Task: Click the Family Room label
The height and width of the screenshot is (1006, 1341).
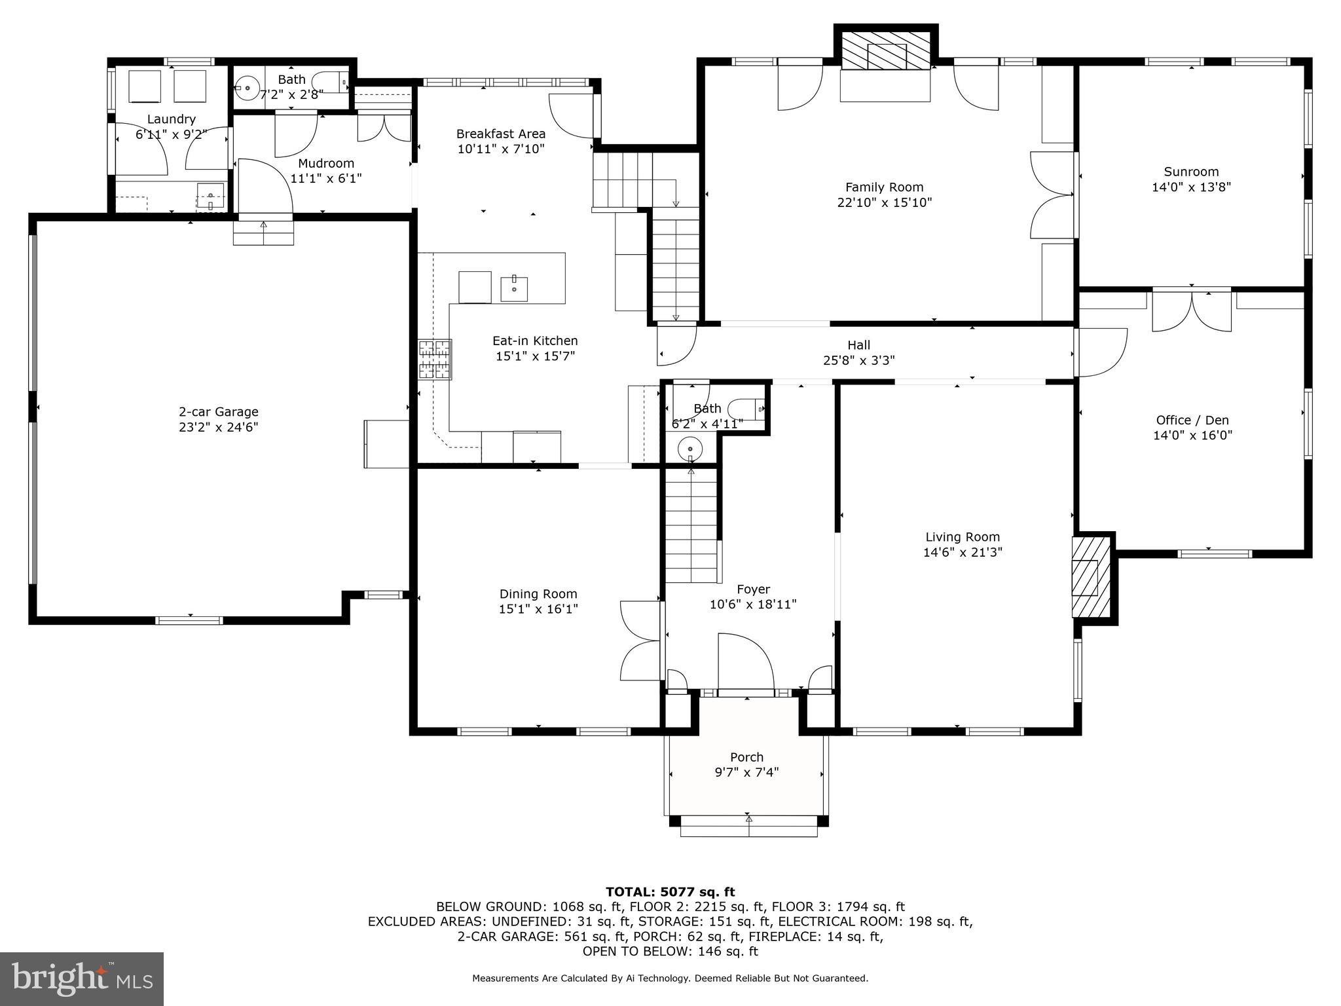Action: (x=884, y=187)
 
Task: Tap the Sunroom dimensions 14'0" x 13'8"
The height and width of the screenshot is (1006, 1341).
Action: (x=1191, y=187)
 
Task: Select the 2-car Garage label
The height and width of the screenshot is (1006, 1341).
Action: (x=219, y=412)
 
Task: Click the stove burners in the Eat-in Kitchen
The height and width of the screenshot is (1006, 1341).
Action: (x=435, y=359)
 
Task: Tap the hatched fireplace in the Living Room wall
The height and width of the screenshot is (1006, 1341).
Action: (x=1090, y=577)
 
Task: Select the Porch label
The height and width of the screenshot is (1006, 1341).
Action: (x=747, y=757)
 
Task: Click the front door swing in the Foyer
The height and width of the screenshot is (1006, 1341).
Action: (x=745, y=661)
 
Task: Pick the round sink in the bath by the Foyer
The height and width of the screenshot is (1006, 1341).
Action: (x=689, y=450)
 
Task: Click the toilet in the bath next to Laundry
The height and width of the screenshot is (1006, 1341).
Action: (x=329, y=81)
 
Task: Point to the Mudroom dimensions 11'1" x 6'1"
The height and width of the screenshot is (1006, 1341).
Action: (x=325, y=178)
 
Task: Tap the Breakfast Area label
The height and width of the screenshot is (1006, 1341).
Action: (x=501, y=134)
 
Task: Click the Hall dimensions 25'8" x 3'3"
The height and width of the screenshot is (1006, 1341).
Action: (x=858, y=360)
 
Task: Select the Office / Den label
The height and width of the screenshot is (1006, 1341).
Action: (x=1192, y=420)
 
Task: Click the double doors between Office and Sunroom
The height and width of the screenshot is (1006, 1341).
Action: (x=1192, y=310)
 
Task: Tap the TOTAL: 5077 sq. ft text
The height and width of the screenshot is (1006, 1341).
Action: (x=670, y=892)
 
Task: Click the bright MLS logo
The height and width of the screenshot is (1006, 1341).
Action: (x=82, y=978)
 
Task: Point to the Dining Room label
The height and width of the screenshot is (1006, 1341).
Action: (x=538, y=594)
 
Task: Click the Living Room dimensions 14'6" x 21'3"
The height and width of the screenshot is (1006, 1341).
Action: (x=963, y=553)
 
